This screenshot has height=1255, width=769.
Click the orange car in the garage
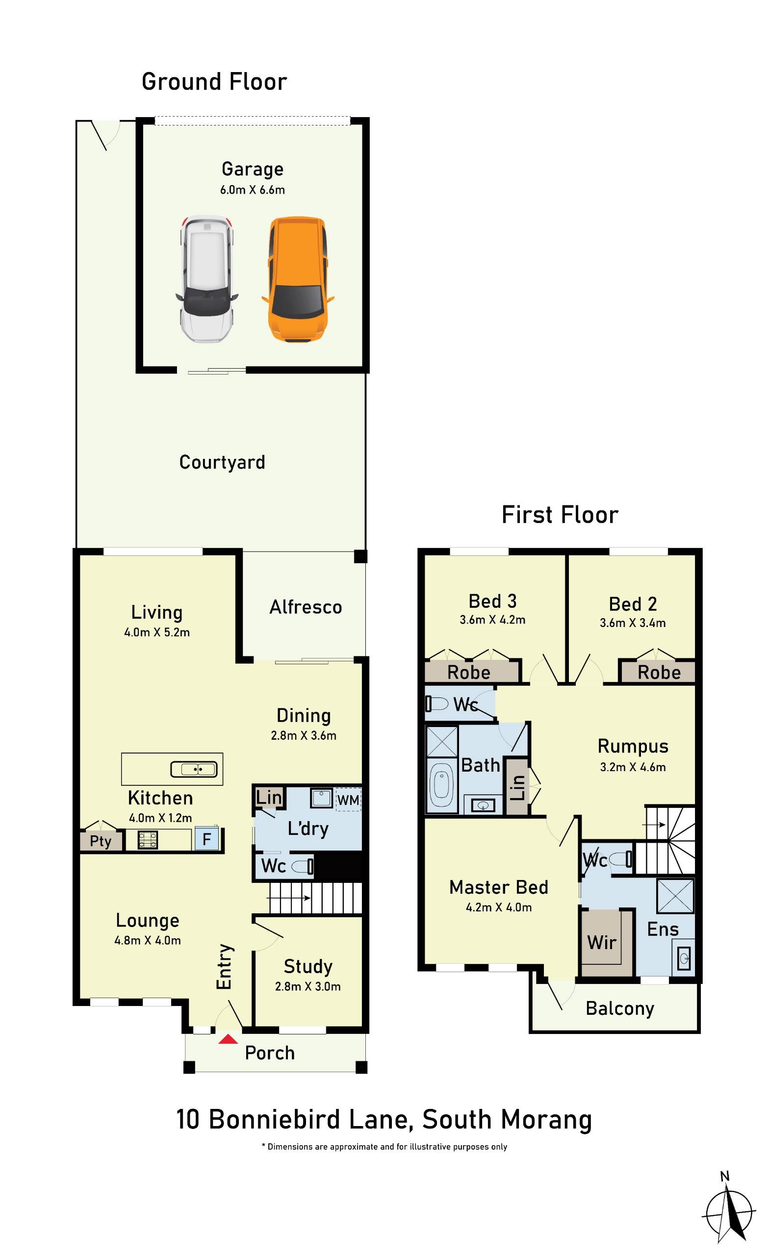pos(298,279)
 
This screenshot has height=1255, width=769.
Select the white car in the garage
pos(206,278)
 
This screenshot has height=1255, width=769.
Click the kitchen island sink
pos(194,769)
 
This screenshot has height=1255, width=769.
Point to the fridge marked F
pos(207,839)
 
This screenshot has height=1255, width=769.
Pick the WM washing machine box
pos(348,800)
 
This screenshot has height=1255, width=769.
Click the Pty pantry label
pos(101,841)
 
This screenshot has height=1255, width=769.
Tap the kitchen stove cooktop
pos(148,840)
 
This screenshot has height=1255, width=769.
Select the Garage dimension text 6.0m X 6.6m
pos(252,190)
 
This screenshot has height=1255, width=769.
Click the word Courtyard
pos(222,462)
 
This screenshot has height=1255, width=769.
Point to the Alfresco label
pos(306,607)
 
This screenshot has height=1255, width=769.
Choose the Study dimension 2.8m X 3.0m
pos(308,986)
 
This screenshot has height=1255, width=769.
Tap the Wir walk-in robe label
pos(602,942)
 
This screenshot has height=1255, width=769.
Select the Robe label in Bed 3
pos(469,672)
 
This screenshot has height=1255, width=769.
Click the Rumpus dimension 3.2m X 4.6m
pos(633,767)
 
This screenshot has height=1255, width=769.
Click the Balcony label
pos(620,1009)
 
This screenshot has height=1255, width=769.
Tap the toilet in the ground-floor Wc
pos(303,866)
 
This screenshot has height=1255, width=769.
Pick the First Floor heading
pos(560,515)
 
